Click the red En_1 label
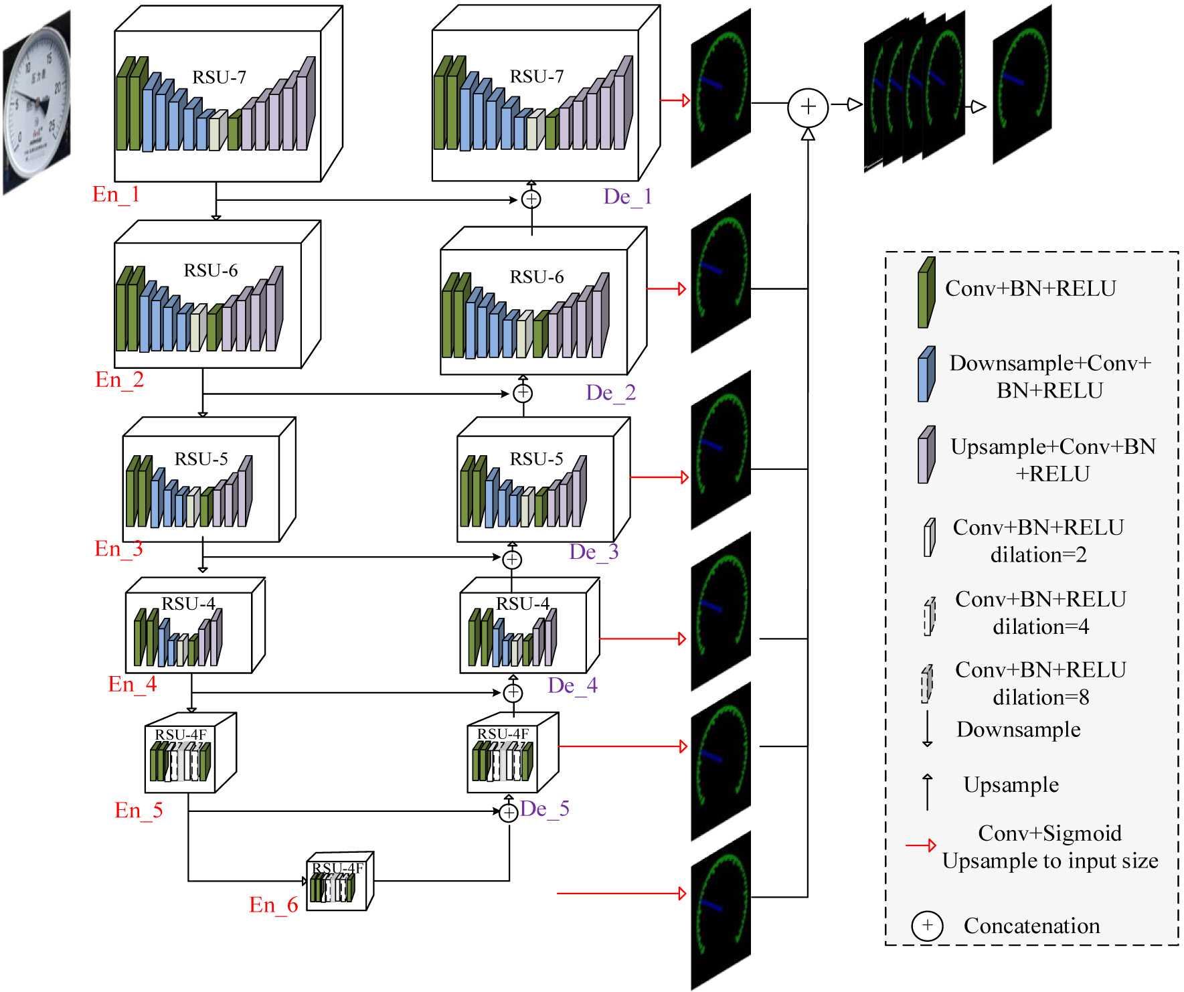116,195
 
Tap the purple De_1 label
627,197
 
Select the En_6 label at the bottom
273,905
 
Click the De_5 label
544,809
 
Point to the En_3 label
118,549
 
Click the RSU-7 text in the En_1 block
219,78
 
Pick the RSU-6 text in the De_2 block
536,277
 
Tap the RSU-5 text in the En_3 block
201,459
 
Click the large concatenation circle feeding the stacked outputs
808,107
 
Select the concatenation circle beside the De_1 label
531,199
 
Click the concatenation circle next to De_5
509,812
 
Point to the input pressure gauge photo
37,102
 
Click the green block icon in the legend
926,293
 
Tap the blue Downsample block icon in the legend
926,374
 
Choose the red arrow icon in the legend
920,845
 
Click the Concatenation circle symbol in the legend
927,926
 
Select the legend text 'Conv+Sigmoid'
1049,833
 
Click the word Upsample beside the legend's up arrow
1011,784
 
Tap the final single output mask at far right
1021,84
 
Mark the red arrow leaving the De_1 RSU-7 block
675,100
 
